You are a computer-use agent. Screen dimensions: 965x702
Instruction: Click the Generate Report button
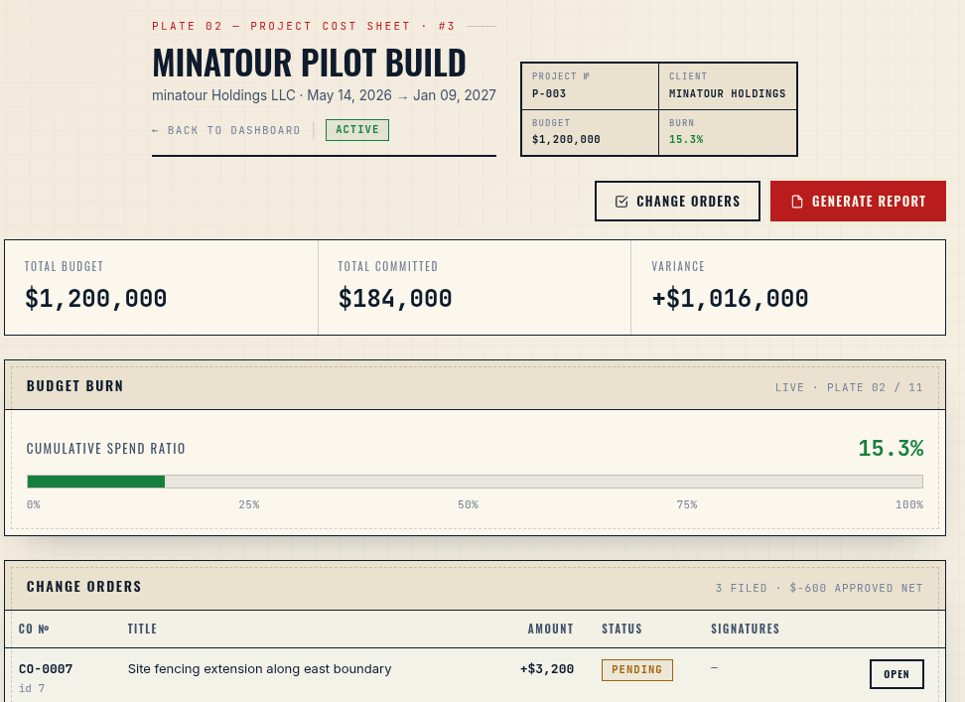tap(858, 202)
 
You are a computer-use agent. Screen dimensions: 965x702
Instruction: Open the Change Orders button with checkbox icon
tap(678, 202)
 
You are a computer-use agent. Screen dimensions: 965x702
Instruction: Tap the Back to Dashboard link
tap(226, 130)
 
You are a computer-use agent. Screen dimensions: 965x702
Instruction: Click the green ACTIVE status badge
tap(357, 130)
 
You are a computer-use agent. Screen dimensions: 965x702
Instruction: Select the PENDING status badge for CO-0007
tap(637, 670)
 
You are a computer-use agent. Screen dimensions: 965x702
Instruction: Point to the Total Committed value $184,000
tap(395, 299)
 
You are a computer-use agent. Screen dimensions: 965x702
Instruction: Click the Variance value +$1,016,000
tap(730, 299)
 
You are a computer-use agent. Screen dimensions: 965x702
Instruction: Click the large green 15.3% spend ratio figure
tap(891, 449)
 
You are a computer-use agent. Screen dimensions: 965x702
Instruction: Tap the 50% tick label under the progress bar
tap(468, 504)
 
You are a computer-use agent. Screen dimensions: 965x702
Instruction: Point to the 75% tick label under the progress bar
tap(687, 504)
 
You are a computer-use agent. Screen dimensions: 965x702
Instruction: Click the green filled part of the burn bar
tap(96, 482)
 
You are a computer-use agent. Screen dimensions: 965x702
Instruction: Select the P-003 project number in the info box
tap(549, 94)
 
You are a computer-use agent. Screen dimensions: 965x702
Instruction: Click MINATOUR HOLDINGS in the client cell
tap(728, 93)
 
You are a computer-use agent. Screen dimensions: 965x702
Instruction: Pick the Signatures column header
tap(746, 629)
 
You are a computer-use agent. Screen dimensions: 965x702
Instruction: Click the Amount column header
tap(551, 629)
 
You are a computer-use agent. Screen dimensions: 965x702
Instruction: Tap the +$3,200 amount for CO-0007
tap(547, 669)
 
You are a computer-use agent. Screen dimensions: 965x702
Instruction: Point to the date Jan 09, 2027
tap(455, 95)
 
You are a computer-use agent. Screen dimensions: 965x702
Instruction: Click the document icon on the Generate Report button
tap(797, 202)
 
